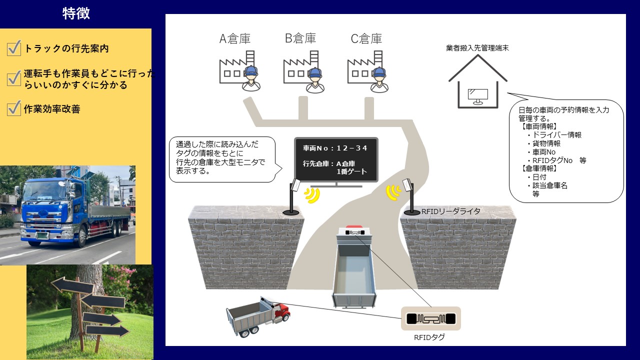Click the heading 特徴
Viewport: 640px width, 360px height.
coord(76,13)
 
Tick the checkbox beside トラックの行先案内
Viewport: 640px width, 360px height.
coord(13,48)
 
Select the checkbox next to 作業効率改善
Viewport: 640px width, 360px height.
coord(13,108)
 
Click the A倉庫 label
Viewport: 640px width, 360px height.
coord(235,38)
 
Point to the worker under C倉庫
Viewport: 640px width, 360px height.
coord(379,79)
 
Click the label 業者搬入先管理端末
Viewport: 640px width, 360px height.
coord(477,48)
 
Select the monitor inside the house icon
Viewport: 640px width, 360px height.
coord(478,95)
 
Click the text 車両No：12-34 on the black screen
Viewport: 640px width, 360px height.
coord(335,148)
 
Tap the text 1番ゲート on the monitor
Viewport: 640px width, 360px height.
coord(352,172)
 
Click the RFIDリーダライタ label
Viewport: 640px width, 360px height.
coord(450,211)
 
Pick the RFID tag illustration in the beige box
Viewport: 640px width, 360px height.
coord(430,318)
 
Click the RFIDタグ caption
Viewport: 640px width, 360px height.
coord(429,337)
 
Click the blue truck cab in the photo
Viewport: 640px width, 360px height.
coord(47,205)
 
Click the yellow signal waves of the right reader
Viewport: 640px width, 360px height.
coord(394,191)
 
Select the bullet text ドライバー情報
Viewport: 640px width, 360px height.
coord(556,135)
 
